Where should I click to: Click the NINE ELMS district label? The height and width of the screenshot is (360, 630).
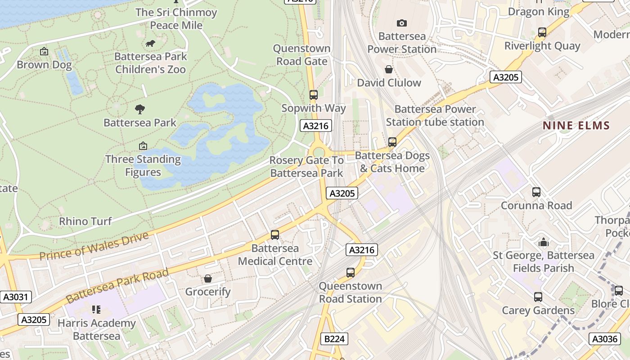576,126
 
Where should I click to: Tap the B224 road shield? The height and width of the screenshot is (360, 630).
334,339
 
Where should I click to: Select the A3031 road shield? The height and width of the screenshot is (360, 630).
16,297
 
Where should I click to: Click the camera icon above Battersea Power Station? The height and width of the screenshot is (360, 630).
401,23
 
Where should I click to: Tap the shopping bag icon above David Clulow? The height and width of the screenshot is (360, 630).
389,69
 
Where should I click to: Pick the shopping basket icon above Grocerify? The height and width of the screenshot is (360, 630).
208,279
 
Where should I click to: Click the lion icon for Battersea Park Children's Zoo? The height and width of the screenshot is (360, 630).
150,43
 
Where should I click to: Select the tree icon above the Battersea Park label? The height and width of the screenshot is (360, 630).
140,109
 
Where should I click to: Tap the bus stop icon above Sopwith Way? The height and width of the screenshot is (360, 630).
314,95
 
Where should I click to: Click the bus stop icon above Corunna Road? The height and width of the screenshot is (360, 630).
536,192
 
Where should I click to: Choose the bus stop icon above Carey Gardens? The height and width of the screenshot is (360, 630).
538,297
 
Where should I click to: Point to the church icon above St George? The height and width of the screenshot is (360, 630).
544,243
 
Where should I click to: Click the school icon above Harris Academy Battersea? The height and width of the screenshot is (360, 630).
96,310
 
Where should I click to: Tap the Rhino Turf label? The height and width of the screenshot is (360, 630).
85,221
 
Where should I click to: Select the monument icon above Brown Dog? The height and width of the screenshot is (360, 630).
44,51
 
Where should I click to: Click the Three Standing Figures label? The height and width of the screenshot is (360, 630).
143,166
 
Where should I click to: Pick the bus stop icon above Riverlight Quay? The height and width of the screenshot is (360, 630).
542,32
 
